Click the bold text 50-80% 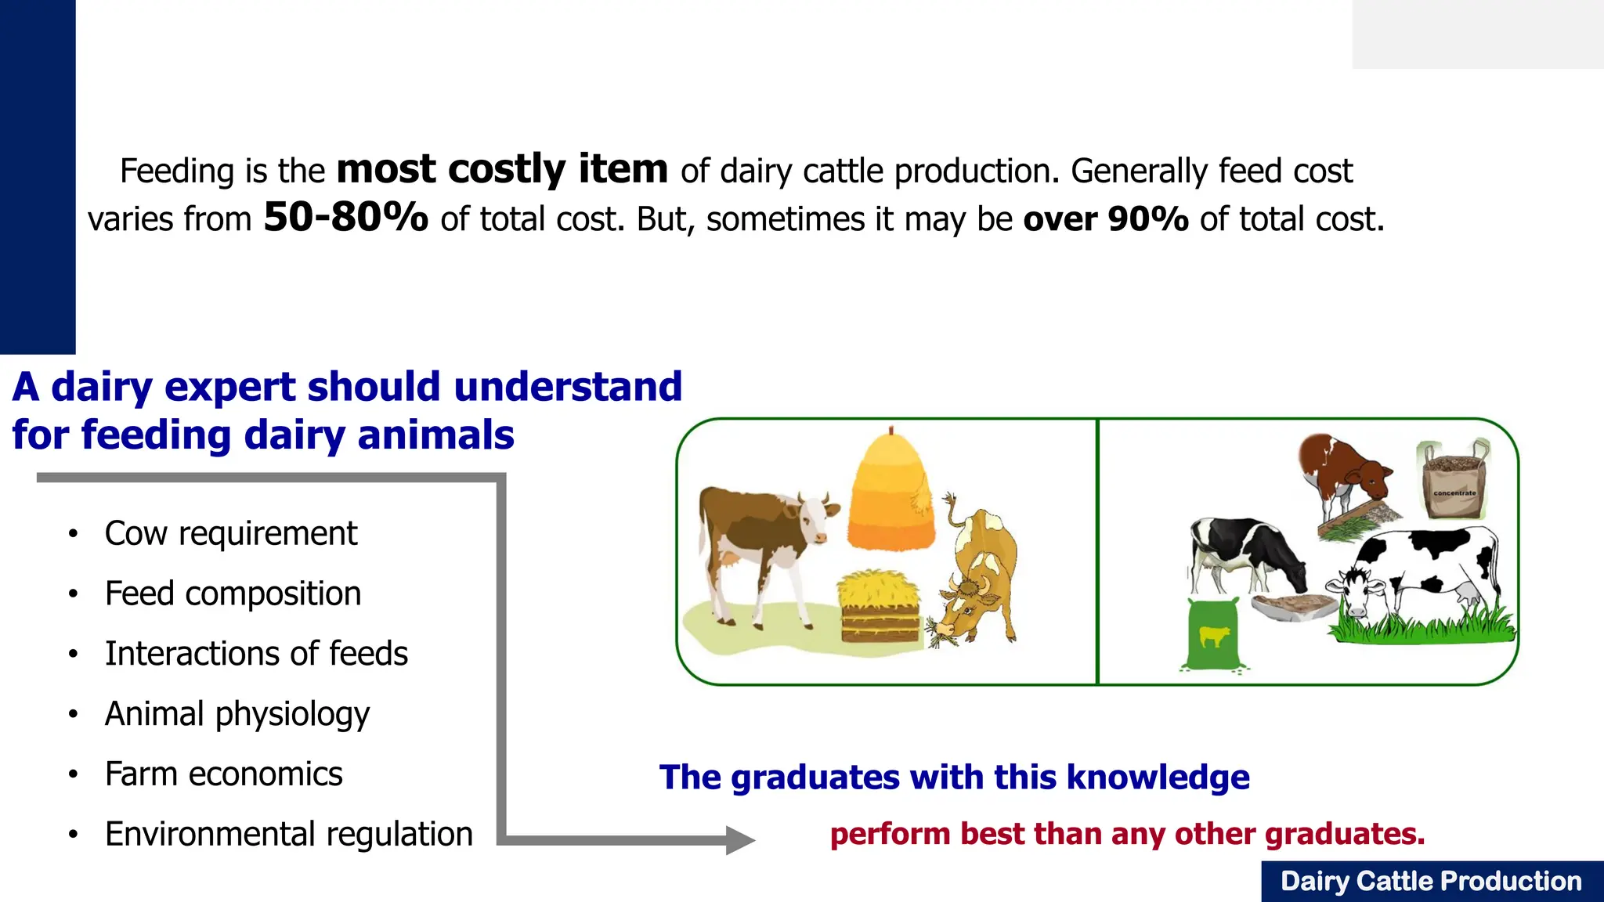345,218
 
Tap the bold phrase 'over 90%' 1106,219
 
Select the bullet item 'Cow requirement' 230,534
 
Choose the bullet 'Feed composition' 233,594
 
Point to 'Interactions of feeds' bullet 256,654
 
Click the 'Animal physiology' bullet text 237,714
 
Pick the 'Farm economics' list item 223,774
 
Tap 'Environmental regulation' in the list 288,835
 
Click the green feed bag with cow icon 1212,634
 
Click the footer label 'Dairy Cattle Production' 1431,882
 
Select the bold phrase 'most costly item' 502,170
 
